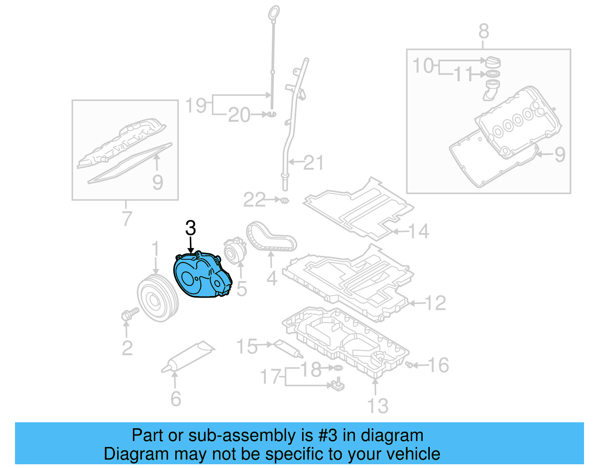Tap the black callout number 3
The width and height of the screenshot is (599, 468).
click(x=191, y=228)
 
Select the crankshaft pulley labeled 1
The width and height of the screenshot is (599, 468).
click(x=158, y=298)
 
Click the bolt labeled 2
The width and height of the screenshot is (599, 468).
click(x=129, y=314)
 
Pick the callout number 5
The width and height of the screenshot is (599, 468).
click(x=242, y=289)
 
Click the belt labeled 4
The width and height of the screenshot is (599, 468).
click(x=270, y=236)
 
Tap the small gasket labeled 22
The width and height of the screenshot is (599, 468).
click(x=284, y=200)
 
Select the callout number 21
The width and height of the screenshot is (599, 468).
click(x=313, y=163)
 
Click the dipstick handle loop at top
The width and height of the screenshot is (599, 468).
click(x=274, y=12)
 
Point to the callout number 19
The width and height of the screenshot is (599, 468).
click(x=196, y=105)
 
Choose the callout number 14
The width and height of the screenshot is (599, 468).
click(x=419, y=231)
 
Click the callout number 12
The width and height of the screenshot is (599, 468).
click(x=436, y=303)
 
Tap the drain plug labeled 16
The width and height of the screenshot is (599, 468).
click(x=409, y=364)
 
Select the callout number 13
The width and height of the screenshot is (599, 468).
click(x=378, y=406)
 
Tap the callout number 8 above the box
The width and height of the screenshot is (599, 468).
click(x=484, y=31)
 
